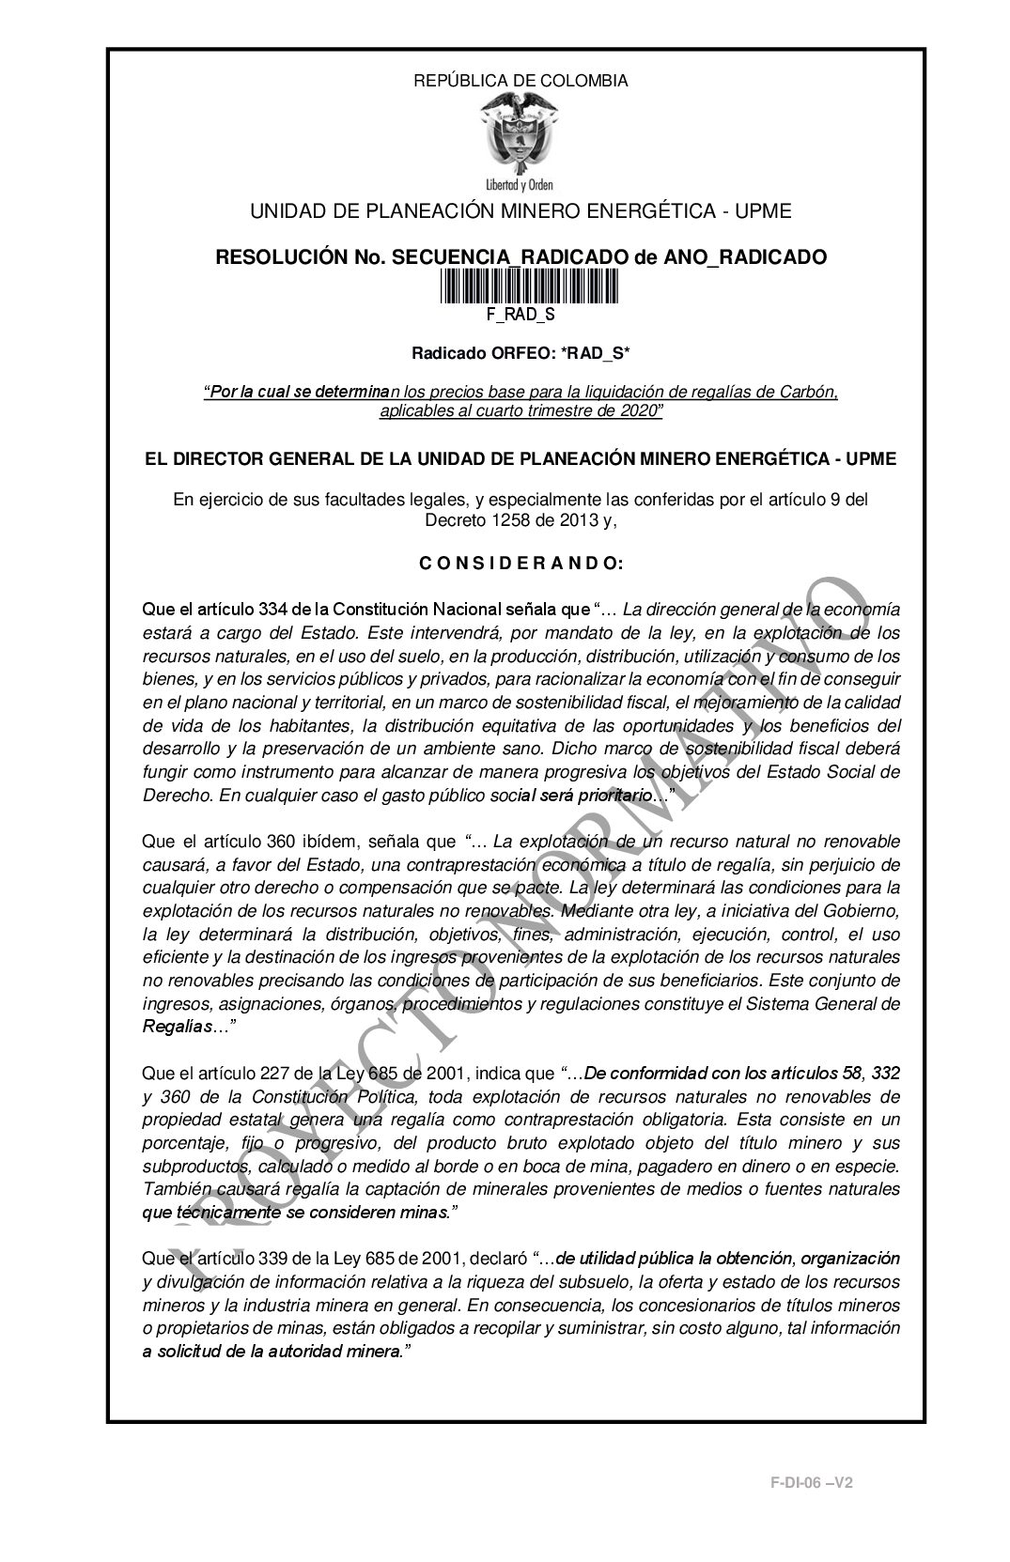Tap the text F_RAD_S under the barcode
(521, 315)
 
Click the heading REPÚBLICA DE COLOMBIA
(521, 81)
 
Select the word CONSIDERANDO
(520, 564)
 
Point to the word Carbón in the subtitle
(811, 392)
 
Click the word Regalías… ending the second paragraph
(184, 1028)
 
